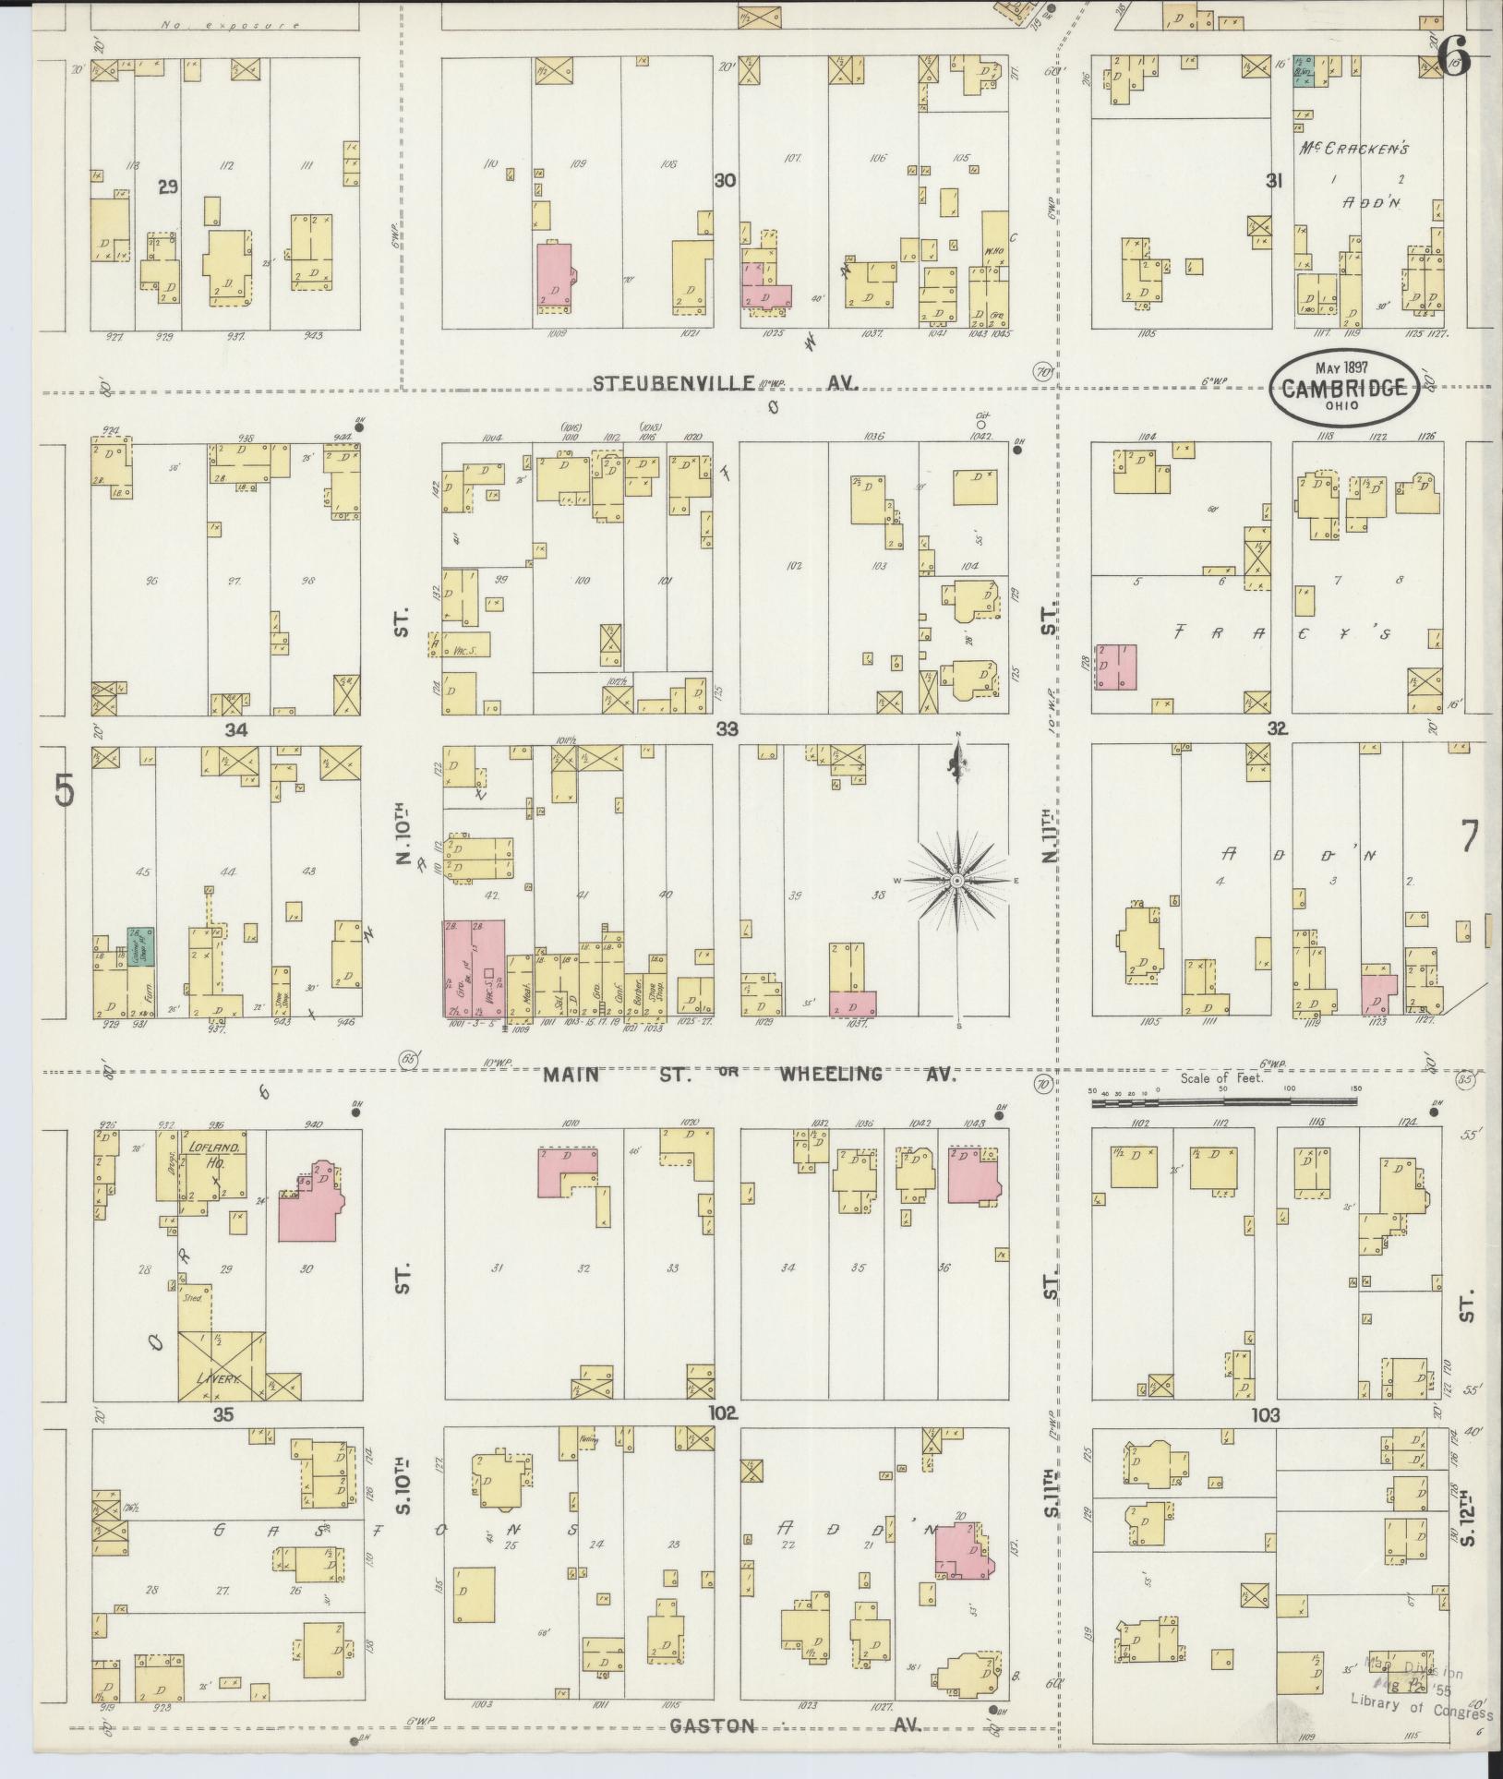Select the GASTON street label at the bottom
714,1725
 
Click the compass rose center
958,882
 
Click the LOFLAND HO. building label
214,1153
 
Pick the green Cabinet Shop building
140,947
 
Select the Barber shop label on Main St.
634,995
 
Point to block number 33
727,729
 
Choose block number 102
722,1413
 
